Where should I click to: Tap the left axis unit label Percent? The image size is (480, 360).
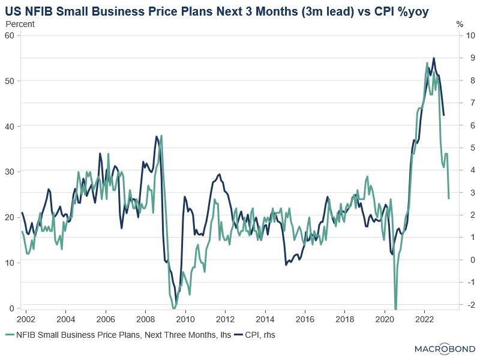pyautogui.click(x=20, y=24)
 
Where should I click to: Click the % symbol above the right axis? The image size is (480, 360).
pyautogui.click(x=460, y=24)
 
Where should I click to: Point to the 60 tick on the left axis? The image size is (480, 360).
pyautogui.click(x=9, y=35)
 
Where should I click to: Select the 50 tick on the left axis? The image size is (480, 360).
pyautogui.click(x=9, y=80)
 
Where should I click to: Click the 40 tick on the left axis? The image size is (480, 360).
pyautogui.click(x=9, y=126)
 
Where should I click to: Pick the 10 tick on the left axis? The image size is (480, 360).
pyautogui.click(x=9, y=263)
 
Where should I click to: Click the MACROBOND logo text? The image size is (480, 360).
pyautogui.click(x=445, y=349)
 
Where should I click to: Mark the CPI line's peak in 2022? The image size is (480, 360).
pyautogui.click(x=434, y=58)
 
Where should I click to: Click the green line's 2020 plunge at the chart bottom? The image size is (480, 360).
pyautogui.click(x=395, y=307)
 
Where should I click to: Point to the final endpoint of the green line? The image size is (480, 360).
pyautogui.click(x=449, y=198)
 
